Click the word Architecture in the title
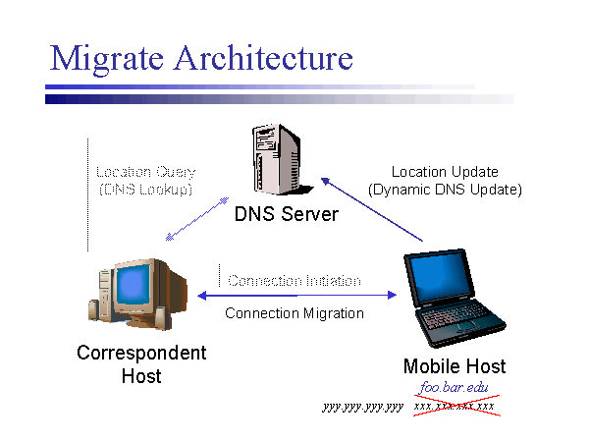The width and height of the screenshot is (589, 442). pyautogui.click(x=262, y=58)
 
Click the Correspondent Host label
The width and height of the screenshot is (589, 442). pyautogui.click(x=141, y=363)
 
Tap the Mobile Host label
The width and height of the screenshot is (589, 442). pyautogui.click(x=455, y=366)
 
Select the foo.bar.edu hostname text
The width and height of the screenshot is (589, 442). pyautogui.click(x=454, y=388)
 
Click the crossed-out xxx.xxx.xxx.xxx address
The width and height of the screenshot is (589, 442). pyautogui.click(x=454, y=406)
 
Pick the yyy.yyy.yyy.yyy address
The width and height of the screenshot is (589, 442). pyautogui.click(x=362, y=406)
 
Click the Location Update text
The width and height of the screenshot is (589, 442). pyautogui.click(x=445, y=172)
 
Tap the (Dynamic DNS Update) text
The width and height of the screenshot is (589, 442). pyautogui.click(x=445, y=189)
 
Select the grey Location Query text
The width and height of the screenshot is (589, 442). pyautogui.click(x=146, y=172)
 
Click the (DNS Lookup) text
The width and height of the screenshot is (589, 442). pyautogui.click(x=146, y=189)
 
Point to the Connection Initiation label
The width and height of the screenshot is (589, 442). pyautogui.click(x=294, y=281)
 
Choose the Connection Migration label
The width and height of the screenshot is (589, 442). pyautogui.click(x=294, y=313)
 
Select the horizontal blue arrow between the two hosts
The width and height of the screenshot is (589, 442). pyautogui.click(x=294, y=295)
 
